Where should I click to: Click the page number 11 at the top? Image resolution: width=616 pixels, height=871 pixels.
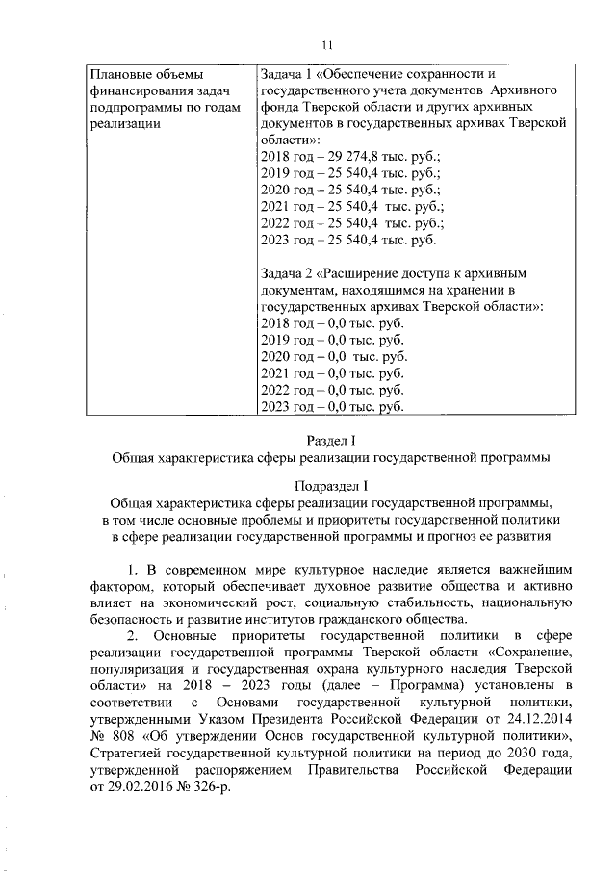[x=327, y=43]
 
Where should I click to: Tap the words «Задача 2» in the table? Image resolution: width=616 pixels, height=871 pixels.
[x=289, y=272]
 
